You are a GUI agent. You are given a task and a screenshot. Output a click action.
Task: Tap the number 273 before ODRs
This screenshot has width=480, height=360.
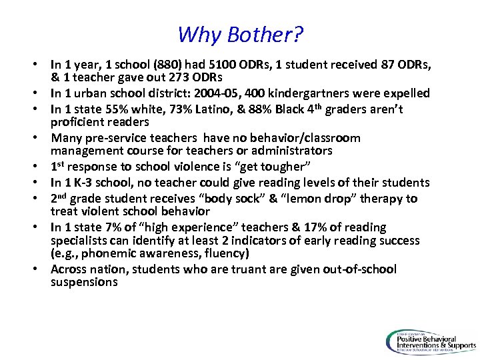(176, 78)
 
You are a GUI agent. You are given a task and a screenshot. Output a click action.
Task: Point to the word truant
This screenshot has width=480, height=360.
(213, 269)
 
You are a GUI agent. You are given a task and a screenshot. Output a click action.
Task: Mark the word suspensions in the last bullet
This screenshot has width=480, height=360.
(84, 283)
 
